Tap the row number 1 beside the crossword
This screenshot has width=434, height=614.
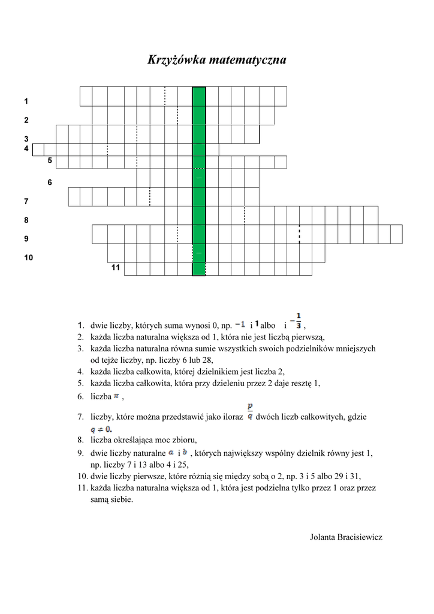click(x=26, y=101)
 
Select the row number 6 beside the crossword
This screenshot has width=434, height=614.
click(x=50, y=182)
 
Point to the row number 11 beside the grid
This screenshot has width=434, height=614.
click(x=116, y=267)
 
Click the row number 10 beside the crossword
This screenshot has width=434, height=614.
click(x=29, y=258)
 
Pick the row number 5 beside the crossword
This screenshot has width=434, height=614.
click(x=50, y=161)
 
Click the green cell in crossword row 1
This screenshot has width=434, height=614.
click(x=198, y=96)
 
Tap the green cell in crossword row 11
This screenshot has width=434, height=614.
click(x=198, y=269)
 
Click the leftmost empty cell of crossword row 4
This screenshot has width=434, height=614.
click(x=38, y=149)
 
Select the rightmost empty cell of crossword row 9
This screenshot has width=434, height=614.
click(x=396, y=234)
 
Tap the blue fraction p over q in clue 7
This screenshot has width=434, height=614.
click(x=249, y=413)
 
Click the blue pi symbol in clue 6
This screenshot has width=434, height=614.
click(x=117, y=396)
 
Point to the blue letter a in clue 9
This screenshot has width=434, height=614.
click(x=171, y=452)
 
